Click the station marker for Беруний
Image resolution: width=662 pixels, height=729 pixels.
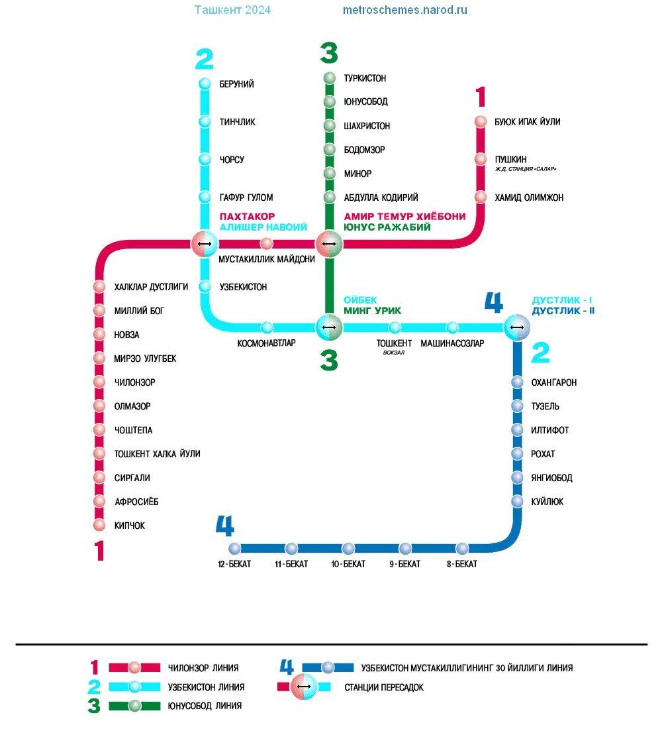pos(205,84)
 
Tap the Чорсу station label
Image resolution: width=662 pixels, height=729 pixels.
pos(232,160)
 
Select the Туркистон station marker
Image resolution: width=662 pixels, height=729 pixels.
pos(329,78)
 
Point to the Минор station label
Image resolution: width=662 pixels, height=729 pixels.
pos(357,174)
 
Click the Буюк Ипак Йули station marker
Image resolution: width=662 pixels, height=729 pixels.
pos(481,122)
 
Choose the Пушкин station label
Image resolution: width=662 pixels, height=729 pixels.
pos(510,159)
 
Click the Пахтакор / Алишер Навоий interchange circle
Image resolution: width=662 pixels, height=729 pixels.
pos(205,244)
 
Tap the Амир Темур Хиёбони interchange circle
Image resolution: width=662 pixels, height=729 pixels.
pos(329,244)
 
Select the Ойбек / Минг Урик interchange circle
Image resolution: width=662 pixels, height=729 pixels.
pos(329,327)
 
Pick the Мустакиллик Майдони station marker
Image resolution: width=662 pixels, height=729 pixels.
pos(266,244)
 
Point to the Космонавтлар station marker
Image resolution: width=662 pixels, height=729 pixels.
pos(266,327)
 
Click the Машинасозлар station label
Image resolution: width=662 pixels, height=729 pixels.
pos(452,343)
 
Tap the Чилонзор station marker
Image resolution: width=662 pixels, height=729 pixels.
pos(99,382)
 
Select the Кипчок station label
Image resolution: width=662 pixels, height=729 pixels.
pos(130,526)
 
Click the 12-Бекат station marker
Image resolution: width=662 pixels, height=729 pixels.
pos(234,549)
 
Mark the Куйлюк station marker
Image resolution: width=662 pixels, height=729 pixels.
pos(517,502)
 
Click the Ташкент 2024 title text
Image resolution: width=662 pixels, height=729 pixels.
pos(232,10)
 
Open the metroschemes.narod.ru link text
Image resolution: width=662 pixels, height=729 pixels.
pos(405,10)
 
